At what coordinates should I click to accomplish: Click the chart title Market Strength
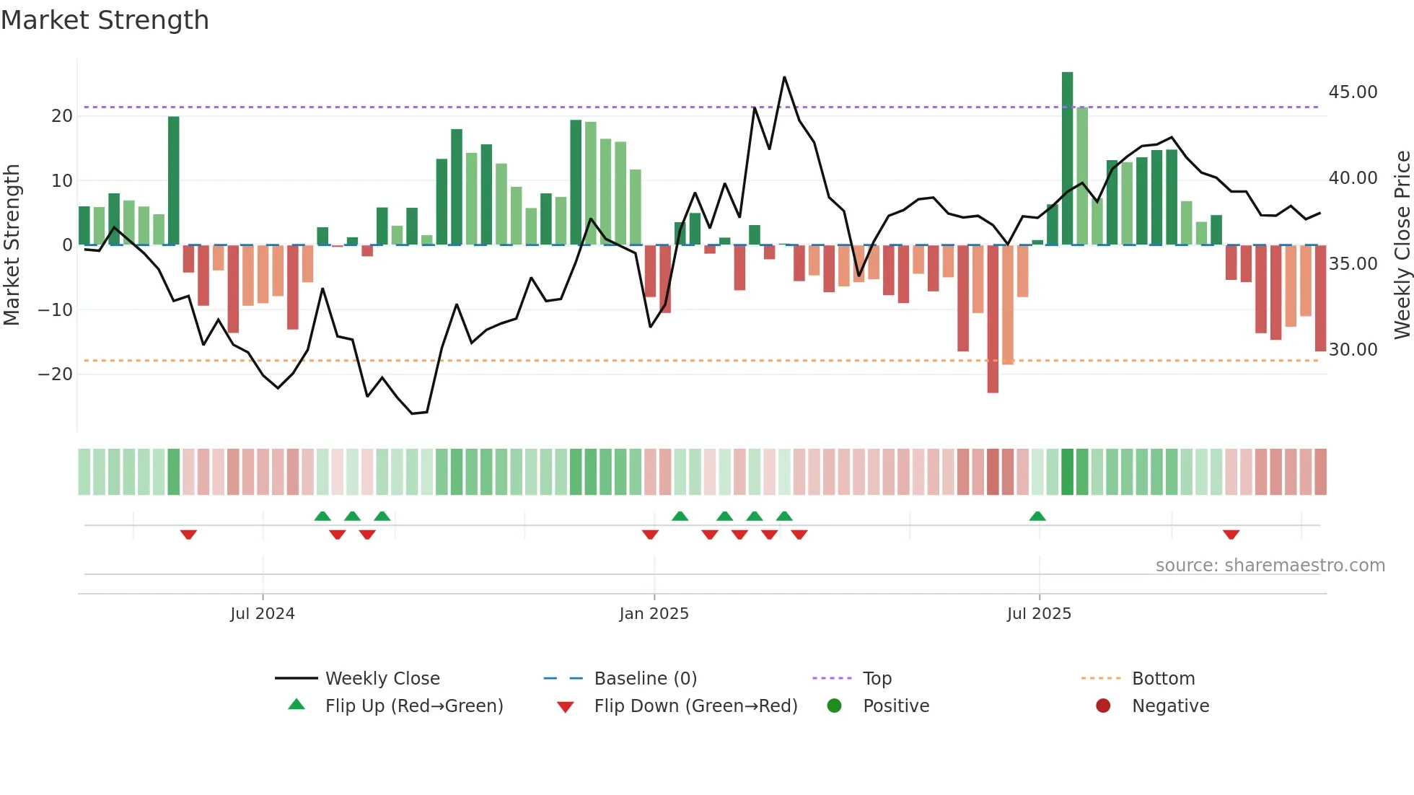pyautogui.click(x=105, y=20)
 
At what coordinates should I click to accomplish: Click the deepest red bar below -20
pyautogui.click(x=993, y=319)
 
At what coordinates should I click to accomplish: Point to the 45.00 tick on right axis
pyautogui.click(x=1353, y=92)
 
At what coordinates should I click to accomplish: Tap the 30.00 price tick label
pyautogui.click(x=1353, y=350)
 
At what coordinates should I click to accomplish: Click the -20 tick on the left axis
pyautogui.click(x=56, y=374)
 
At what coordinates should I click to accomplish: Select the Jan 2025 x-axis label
pyautogui.click(x=654, y=614)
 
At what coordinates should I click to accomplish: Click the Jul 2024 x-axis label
pyautogui.click(x=263, y=614)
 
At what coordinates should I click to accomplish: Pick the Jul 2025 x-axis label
pyautogui.click(x=1039, y=614)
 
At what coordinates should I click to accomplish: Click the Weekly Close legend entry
pyautogui.click(x=382, y=679)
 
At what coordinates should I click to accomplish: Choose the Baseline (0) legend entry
pyautogui.click(x=645, y=679)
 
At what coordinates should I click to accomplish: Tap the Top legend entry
pyautogui.click(x=877, y=679)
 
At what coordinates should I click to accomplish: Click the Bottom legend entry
pyautogui.click(x=1163, y=679)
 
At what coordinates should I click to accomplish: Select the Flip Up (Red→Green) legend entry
pyautogui.click(x=413, y=706)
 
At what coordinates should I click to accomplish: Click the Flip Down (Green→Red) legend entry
pyautogui.click(x=695, y=706)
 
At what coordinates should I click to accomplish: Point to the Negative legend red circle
pyautogui.click(x=1103, y=706)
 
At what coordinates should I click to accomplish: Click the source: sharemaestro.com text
pyautogui.click(x=1270, y=566)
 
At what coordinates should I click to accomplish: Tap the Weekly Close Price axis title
pyautogui.click(x=1402, y=245)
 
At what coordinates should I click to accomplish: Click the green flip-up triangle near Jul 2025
pyautogui.click(x=1037, y=517)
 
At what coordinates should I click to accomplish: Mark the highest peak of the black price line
pyautogui.click(x=784, y=77)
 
